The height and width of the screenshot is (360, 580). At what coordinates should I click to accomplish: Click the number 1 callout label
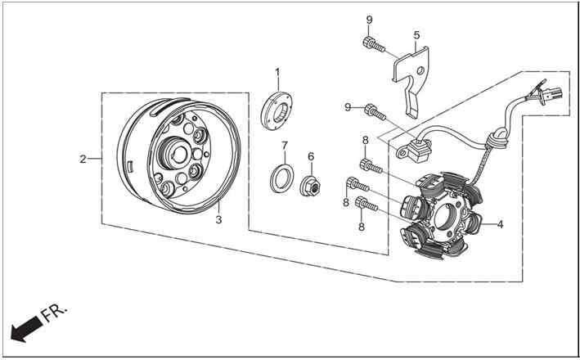pos(277,72)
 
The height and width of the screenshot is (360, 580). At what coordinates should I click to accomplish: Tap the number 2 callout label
pos(83,159)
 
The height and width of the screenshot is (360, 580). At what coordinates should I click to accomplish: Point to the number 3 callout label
pos(218,220)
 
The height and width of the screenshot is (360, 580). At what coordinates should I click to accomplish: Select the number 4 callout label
pos(500,224)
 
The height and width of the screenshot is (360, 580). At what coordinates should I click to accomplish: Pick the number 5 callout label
pos(417,35)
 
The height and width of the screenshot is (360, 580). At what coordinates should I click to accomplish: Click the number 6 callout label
pos(311,156)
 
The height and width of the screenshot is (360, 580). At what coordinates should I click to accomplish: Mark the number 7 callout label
pos(284,146)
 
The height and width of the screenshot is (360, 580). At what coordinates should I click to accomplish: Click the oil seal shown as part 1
pos(277,110)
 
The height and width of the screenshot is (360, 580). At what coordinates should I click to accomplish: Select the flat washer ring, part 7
pos(282,178)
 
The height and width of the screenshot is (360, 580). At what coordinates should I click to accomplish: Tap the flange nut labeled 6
pos(310,186)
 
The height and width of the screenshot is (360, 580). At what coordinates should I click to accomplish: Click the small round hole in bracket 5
pos(420,70)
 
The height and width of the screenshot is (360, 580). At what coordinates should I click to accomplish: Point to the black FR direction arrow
pos(26,329)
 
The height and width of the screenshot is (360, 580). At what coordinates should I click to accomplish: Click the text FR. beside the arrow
pos(54,313)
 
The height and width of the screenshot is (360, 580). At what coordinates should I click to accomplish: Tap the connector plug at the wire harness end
pos(551,94)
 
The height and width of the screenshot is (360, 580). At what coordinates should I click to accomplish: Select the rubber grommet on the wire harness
pos(496,138)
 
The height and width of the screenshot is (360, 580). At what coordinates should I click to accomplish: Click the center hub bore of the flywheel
pos(179,155)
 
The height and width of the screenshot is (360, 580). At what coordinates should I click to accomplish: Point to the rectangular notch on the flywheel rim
pos(130,166)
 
